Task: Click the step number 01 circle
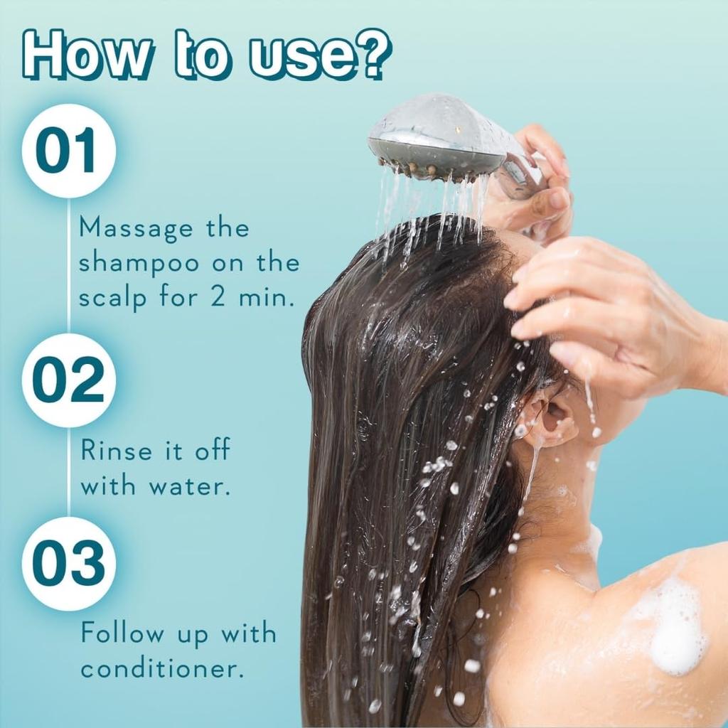(68, 151)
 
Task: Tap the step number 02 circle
(68, 380)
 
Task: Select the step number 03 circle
(68, 564)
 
